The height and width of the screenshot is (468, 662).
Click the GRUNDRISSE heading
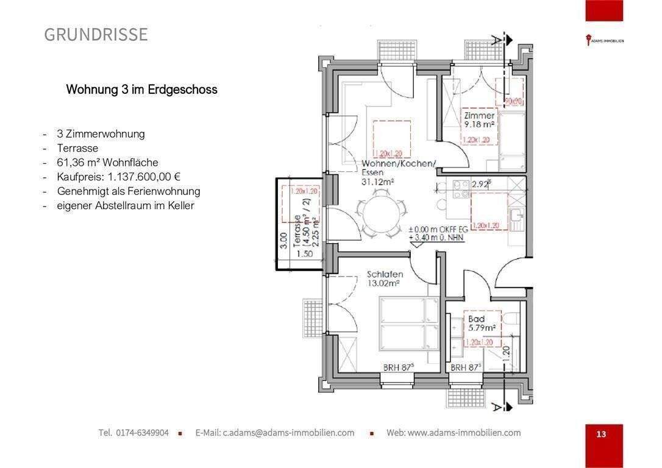tap(96, 35)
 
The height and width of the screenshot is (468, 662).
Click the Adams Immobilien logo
tap(604, 41)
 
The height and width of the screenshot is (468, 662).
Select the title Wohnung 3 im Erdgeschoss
tap(141, 90)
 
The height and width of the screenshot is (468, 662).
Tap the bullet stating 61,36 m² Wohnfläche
tap(107, 162)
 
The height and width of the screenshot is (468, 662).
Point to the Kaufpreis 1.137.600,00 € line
tap(119, 177)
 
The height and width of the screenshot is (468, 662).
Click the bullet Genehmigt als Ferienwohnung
tap(128, 191)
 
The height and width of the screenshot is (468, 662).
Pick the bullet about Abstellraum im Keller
tap(125, 206)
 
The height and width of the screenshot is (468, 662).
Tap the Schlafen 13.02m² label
tap(384, 278)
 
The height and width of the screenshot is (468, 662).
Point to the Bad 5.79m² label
tap(480, 323)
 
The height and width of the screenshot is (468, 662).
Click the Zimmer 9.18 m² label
tap(479, 119)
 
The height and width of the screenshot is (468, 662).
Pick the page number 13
tap(601, 434)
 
